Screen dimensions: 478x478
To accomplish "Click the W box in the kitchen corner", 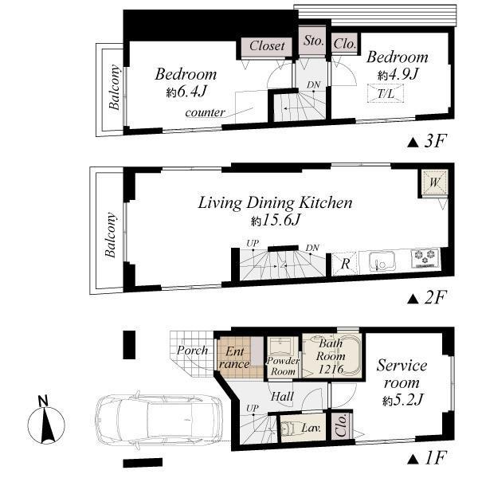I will pos(434,182).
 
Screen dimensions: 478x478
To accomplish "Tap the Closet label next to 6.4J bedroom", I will pos(267,46).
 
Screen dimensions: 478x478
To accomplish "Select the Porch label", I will pos(192,351).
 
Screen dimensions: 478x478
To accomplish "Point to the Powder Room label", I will pos(282,366).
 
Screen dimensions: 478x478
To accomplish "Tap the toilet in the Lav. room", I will pos(292,429).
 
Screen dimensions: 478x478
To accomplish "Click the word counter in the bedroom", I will pos(205,112).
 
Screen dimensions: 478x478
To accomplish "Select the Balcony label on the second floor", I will pos(110,234).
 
